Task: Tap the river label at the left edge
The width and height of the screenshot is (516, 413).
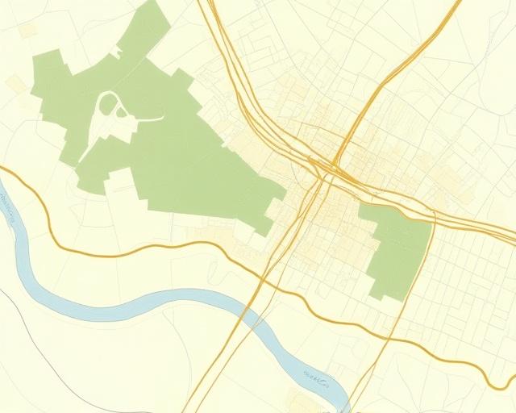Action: pyautogui.click(x=10, y=211)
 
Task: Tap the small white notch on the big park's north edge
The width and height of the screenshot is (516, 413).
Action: pyautogui.click(x=117, y=52)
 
